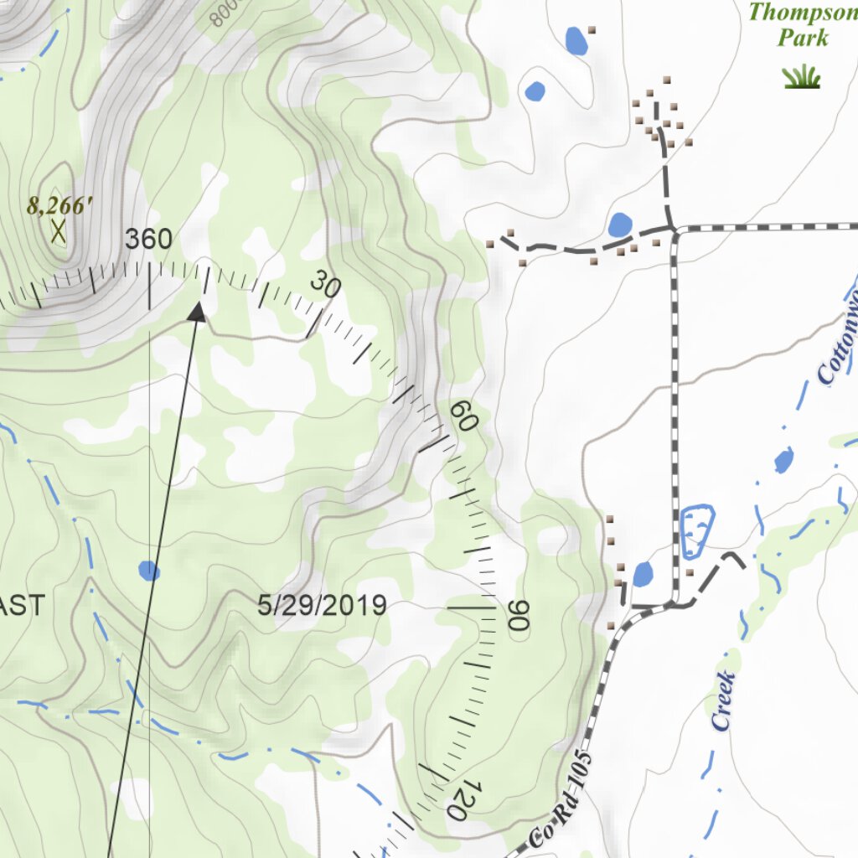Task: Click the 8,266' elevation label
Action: [58, 205]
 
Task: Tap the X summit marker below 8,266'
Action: [58, 231]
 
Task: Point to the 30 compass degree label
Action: [325, 286]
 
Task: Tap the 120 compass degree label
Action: [463, 799]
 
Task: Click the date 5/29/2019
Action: [322, 605]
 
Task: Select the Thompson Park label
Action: [802, 25]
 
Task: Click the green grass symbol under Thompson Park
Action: [802, 77]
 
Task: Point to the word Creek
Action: [724, 700]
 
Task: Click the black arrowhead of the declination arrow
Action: [197, 312]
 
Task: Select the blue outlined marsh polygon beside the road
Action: [696, 532]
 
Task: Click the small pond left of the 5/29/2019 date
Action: [149, 571]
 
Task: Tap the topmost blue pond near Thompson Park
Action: [576, 39]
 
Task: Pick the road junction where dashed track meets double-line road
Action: [673, 228]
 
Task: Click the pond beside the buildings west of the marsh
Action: [643, 575]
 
